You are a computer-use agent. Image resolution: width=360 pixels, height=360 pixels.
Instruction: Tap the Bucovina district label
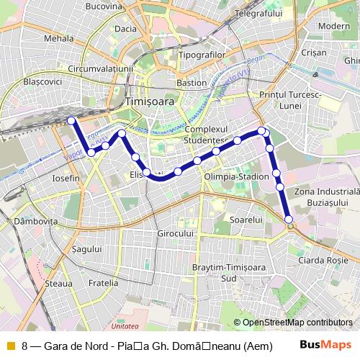pyautogui.click(x=104, y=6)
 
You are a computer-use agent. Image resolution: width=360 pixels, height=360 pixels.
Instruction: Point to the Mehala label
pyautogui.click(x=59, y=37)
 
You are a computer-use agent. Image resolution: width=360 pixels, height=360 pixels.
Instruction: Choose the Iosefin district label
pyautogui.click(x=66, y=177)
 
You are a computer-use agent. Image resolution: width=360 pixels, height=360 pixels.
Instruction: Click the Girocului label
pyautogui.click(x=176, y=234)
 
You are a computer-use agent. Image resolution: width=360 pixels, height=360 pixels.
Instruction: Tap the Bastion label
pyautogui.click(x=192, y=82)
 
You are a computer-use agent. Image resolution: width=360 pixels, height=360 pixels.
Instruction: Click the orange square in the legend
pyautogui.click(x=10, y=345)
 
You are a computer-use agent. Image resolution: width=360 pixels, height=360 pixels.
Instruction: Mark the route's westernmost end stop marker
pyautogui.click(x=71, y=120)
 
